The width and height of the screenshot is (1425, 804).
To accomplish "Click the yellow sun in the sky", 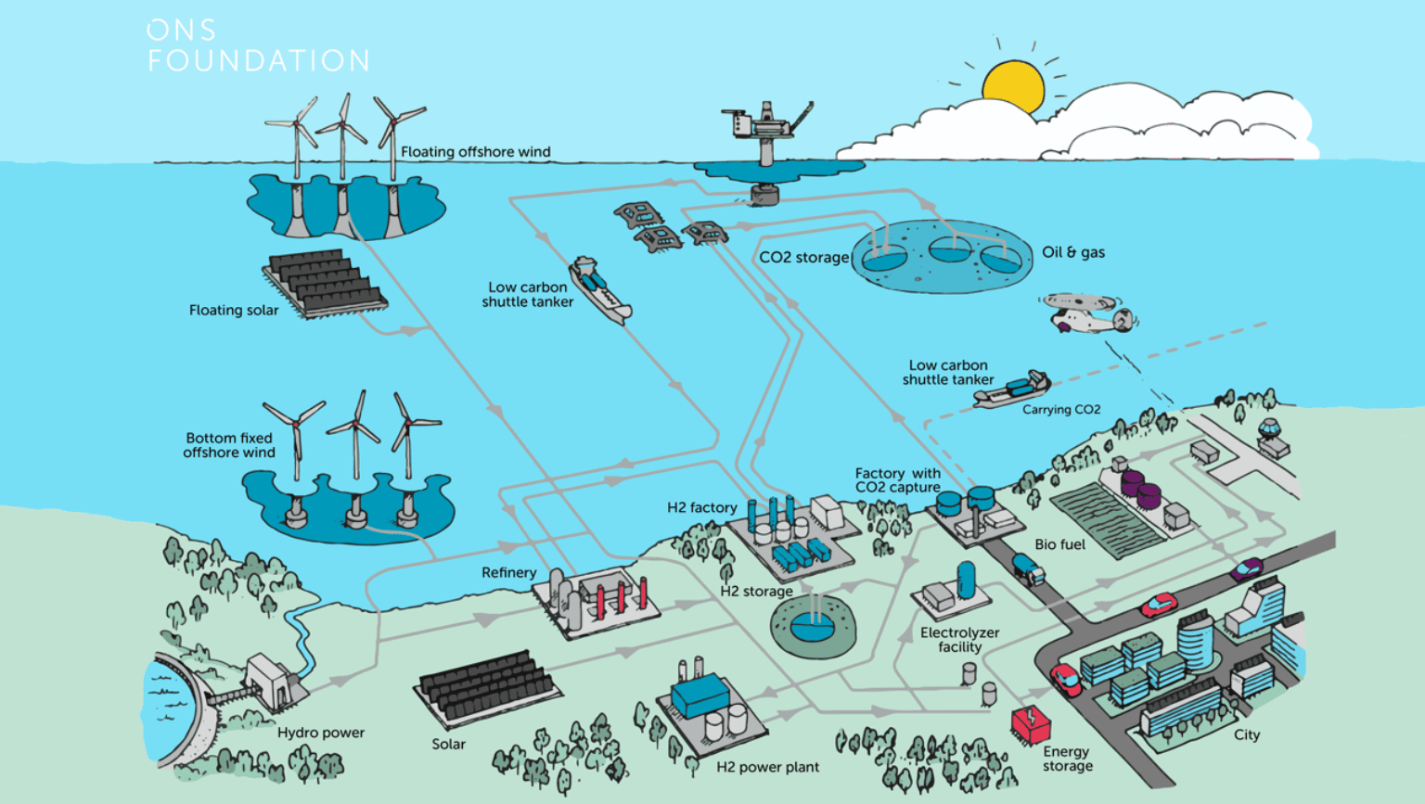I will pyautogui.click(x=1013, y=86).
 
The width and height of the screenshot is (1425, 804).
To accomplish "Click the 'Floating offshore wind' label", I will pyautogui.click(x=475, y=152).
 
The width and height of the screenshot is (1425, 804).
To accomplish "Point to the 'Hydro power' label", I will pyautogui.click(x=320, y=733).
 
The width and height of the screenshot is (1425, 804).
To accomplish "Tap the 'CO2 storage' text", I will pyautogui.click(x=803, y=258).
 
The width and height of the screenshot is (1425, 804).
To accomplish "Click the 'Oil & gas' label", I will pyautogui.click(x=1072, y=252).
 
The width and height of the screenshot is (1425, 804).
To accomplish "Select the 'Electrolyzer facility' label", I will pyautogui.click(x=959, y=640).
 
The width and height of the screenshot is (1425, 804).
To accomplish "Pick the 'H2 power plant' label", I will pyautogui.click(x=767, y=767).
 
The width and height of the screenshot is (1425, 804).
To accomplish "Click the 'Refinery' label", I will pyautogui.click(x=508, y=573).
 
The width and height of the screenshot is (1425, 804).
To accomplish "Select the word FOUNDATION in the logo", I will pyautogui.click(x=259, y=61).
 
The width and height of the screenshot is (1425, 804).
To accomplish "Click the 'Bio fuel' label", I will pyautogui.click(x=1059, y=544).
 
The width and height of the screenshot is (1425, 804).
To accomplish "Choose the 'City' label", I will pyautogui.click(x=1246, y=735).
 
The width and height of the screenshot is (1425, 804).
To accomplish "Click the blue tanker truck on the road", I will pyautogui.click(x=1028, y=568).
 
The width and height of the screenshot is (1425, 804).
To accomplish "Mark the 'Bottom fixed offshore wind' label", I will pyautogui.click(x=229, y=445).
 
